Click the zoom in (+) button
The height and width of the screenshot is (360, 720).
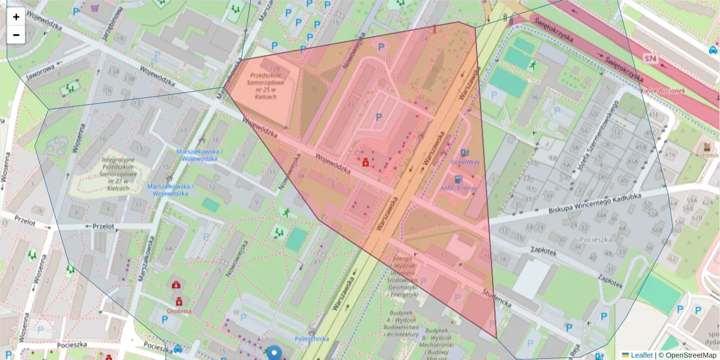tap(16, 17)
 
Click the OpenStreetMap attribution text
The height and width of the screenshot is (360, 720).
tap(688, 355)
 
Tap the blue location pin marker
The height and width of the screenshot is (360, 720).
tap(274, 353)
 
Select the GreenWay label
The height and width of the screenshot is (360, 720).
tap(465, 162)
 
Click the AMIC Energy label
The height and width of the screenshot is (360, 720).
tap(459, 188)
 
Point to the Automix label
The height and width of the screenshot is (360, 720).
tap(706, 155)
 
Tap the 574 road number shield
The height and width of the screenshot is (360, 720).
tap(650, 59)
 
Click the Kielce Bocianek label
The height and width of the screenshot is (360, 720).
tap(663, 91)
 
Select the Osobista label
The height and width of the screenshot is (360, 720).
tap(179, 311)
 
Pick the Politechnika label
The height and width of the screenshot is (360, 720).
tap(312, 339)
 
